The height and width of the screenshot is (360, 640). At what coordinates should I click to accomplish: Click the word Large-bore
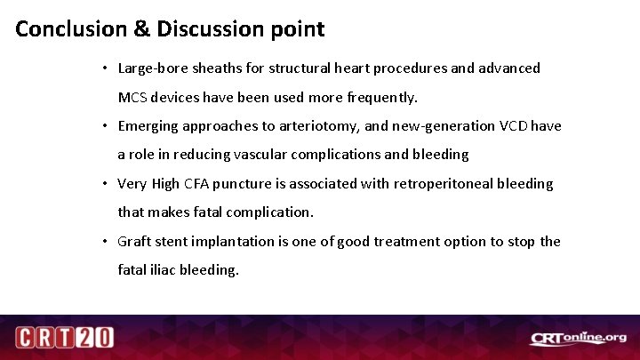pos(152,68)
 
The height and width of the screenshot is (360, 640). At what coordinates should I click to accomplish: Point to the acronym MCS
pos(134,96)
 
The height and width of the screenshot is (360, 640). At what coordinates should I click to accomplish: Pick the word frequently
pos(384,96)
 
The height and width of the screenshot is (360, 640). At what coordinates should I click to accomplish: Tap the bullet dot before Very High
pos(105,184)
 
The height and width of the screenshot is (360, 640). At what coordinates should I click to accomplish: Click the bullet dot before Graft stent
pos(105,242)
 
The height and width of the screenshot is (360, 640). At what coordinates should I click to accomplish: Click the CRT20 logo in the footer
pos(64,338)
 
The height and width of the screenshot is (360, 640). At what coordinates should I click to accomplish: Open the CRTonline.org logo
pos(578,338)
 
